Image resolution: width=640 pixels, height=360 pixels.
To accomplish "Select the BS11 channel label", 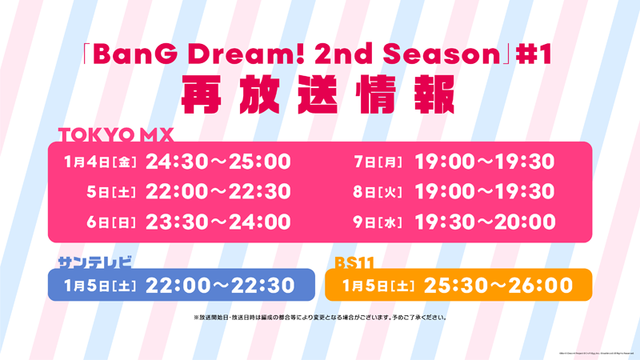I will [x=355, y=261].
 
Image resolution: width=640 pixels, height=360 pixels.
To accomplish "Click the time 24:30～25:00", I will [x=218, y=160].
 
